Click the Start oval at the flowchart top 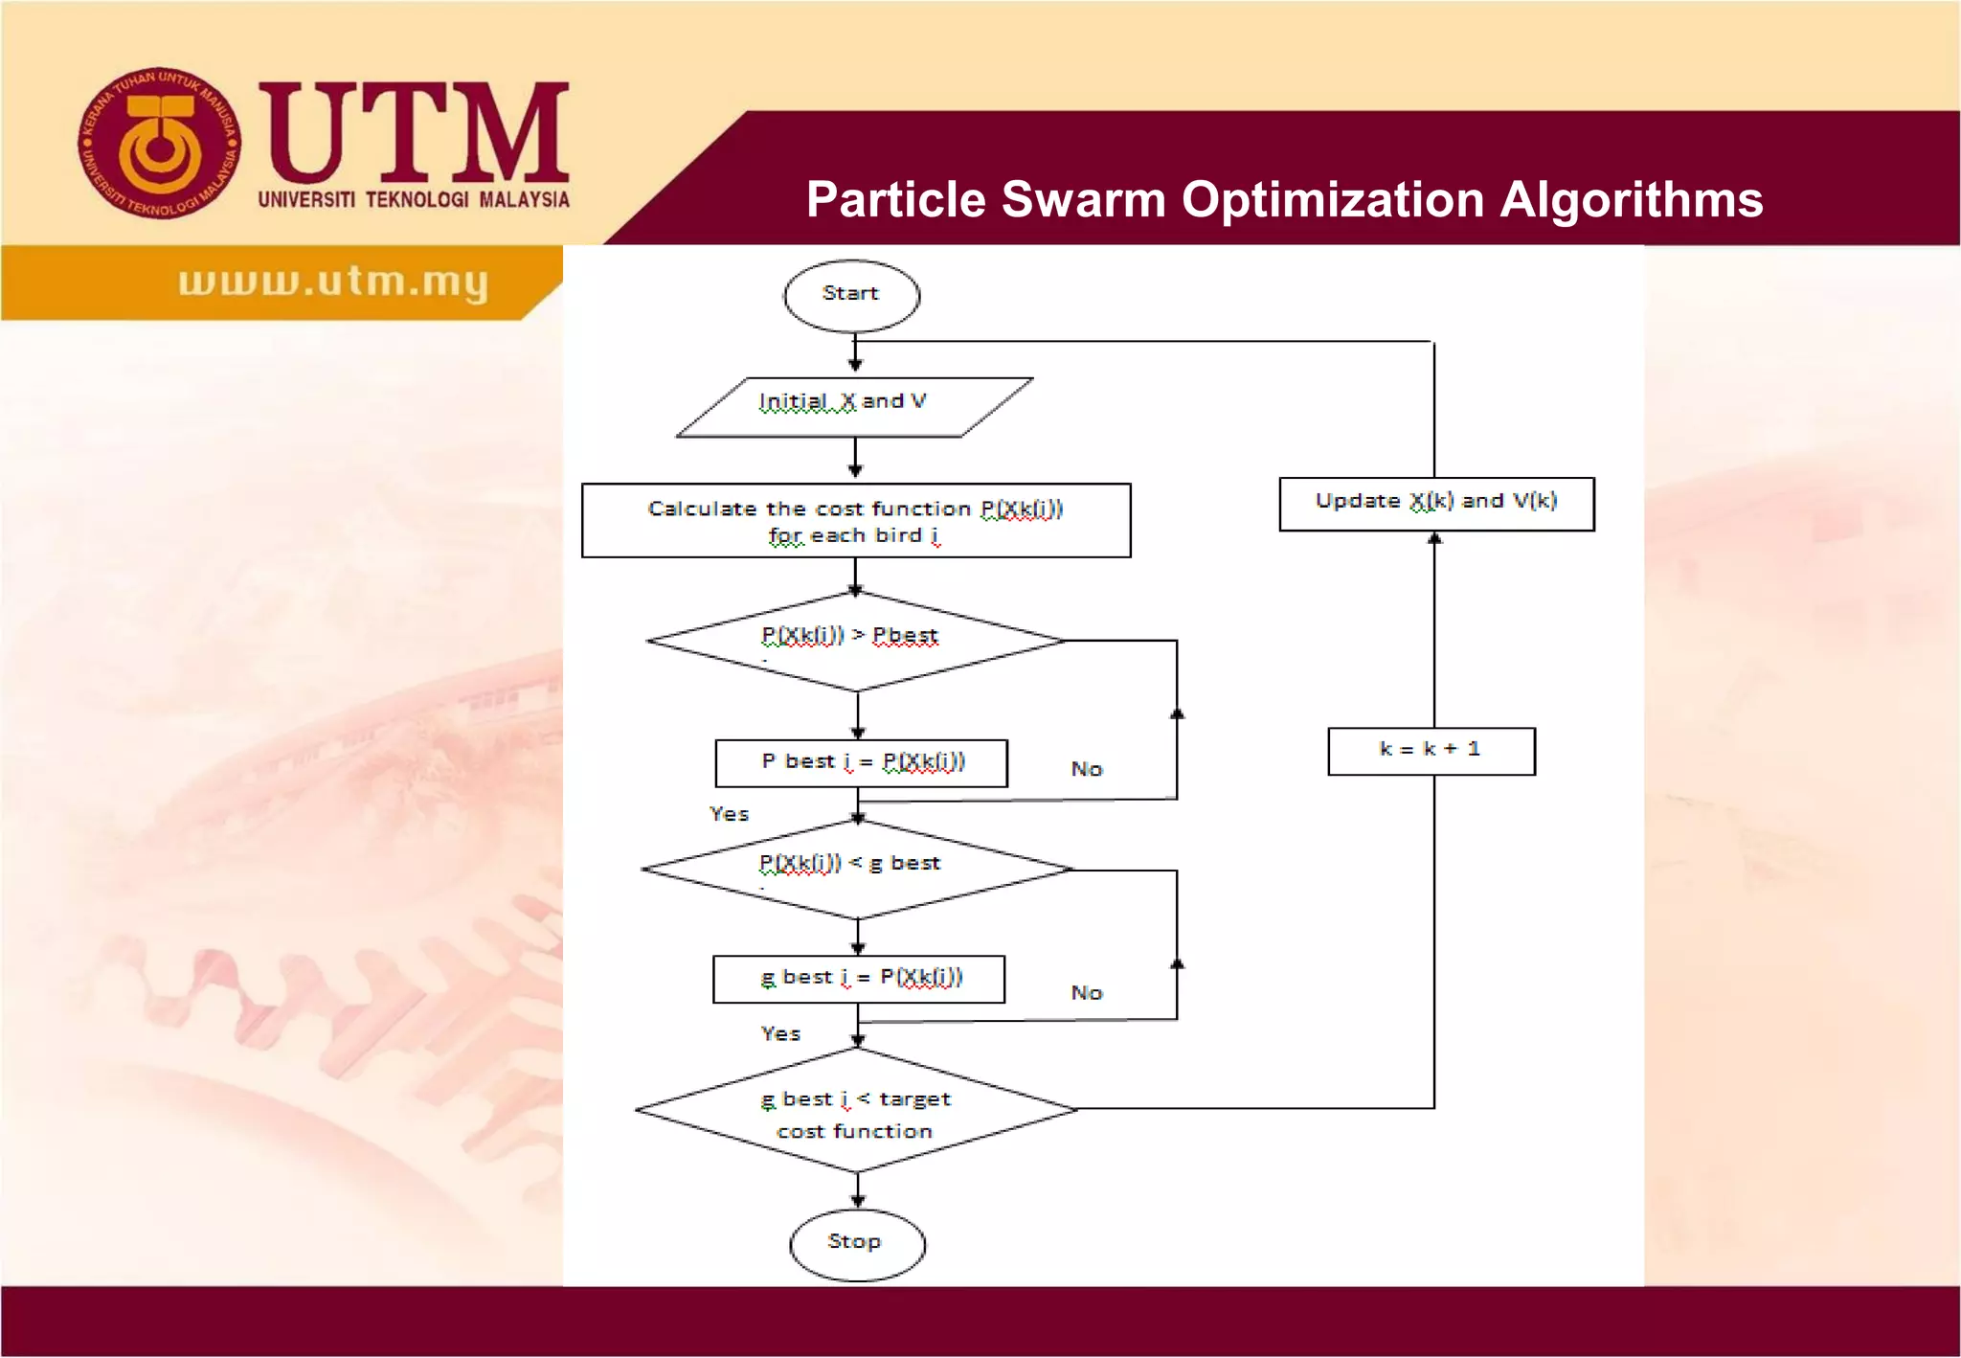[851, 295]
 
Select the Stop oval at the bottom [857, 1244]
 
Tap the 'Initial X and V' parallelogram [854, 406]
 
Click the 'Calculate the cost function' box [856, 520]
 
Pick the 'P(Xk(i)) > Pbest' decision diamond [856, 641]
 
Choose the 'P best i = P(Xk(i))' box [861, 763]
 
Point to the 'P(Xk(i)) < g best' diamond [856, 869]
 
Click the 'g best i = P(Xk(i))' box [859, 979]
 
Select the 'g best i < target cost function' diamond [856, 1111]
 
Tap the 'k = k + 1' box [1431, 751]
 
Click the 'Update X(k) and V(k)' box [1436, 504]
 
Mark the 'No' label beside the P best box [1087, 769]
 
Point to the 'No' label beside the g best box [1087, 993]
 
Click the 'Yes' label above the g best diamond [729, 814]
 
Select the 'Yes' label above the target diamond [780, 1034]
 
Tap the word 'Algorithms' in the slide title [1631, 200]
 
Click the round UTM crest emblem [159, 143]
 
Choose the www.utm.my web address [333, 282]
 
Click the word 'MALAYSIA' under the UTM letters [524, 200]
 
